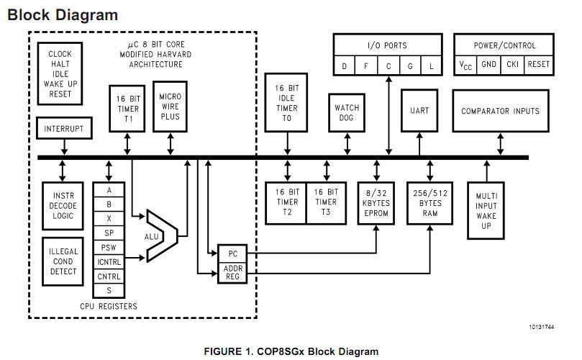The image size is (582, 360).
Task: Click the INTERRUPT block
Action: pyautogui.click(x=64, y=130)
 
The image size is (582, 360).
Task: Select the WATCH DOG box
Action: pyautogui.click(x=347, y=113)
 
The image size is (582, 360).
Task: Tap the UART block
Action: pyautogui.click(x=419, y=111)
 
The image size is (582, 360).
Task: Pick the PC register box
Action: pyautogui.click(x=233, y=254)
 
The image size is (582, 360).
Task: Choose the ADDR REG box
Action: pyautogui.click(x=233, y=273)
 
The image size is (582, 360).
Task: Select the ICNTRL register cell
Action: pyautogui.click(x=109, y=263)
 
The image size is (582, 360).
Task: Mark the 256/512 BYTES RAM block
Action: pyautogui.click(x=429, y=204)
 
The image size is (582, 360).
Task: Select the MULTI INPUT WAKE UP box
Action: pyautogui.click(x=487, y=210)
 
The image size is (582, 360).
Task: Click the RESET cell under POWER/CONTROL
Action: pyautogui.click(x=537, y=65)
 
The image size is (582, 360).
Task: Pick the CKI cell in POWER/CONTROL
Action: pyautogui.click(x=513, y=65)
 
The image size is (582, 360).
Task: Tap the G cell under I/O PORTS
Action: pyautogui.click(x=411, y=67)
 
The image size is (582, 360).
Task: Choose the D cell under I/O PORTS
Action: pyautogui.click(x=345, y=67)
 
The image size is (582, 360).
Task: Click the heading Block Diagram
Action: pyautogui.click(x=63, y=14)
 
